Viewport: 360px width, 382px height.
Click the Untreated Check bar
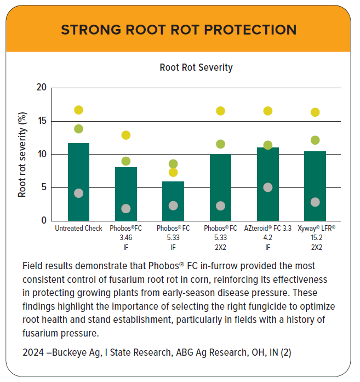point(78,170)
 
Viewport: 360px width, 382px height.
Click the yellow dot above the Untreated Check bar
point(78,110)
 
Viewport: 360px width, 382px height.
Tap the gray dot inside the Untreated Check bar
point(78,193)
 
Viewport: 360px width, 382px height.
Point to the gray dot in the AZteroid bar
point(268,187)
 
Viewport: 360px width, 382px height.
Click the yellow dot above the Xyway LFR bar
point(315,112)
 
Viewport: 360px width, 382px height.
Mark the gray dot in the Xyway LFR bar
point(315,202)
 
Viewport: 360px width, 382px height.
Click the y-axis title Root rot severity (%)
point(22,154)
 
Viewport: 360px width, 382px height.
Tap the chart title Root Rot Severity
point(196,67)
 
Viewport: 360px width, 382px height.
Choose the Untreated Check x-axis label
point(78,229)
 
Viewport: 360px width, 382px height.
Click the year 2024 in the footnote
point(34,353)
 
